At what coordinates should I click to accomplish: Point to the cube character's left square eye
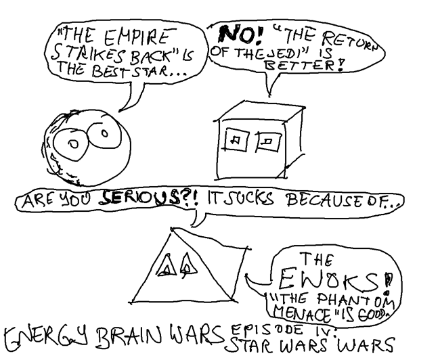click(x=235, y=140)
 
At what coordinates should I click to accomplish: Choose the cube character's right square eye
click(x=267, y=140)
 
